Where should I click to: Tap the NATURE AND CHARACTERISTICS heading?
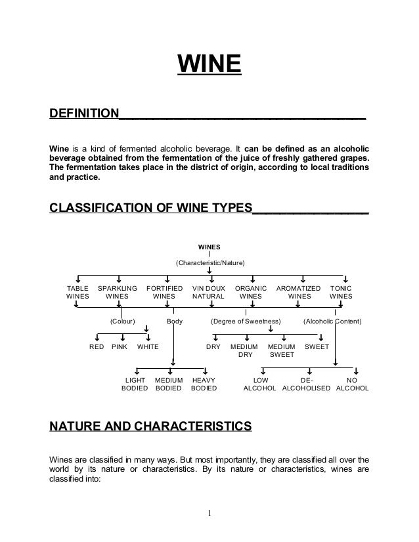[x=150, y=428]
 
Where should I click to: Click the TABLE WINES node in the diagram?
[x=78, y=292]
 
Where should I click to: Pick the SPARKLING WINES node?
[x=117, y=292]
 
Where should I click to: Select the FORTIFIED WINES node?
[x=164, y=292]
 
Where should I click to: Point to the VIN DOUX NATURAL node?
[x=208, y=292]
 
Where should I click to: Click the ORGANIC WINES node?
[x=250, y=292]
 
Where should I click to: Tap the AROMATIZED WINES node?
[x=299, y=292]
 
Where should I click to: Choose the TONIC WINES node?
[x=341, y=292]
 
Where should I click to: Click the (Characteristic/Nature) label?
[x=209, y=263]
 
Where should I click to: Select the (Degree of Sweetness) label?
[x=245, y=322]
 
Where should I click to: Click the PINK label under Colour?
[x=120, y=346]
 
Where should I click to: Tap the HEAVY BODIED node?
[x=204, y=384]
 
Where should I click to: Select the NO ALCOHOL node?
[x=352, y=384]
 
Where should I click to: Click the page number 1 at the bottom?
[x=209, y=512]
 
